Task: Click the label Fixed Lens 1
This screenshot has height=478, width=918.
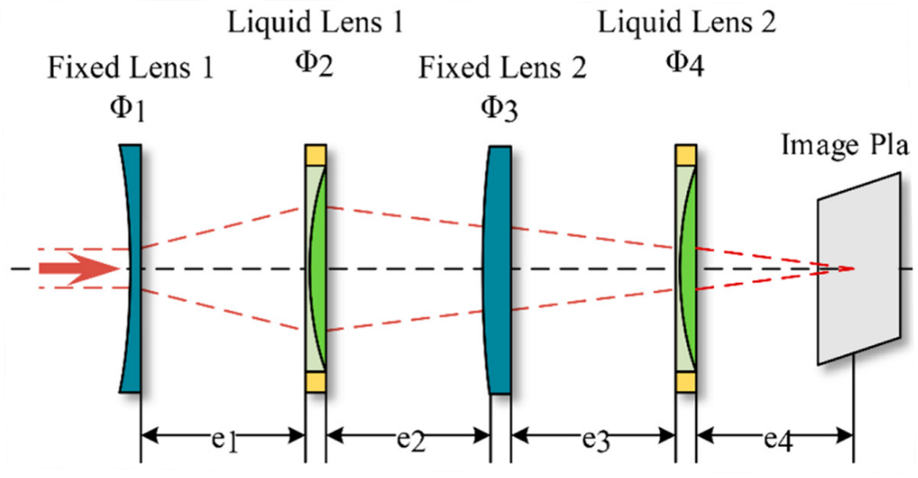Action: pyautogui.click(x=131, y=69)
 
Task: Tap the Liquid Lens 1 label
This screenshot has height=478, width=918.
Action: pyautogui.click(x=314, y=22)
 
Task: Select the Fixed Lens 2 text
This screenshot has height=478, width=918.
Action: pyautogui.click(x=502, y=69)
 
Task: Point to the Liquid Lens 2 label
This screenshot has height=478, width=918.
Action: pyautogui.click(x=687, y=22)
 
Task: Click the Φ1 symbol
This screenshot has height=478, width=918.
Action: pyautogui.click(x=127, y=108)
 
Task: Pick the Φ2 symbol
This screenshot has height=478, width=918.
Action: pyautogui.click(x=313, y=62)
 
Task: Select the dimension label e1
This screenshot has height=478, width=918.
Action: pyautogui.click(x=224, y=441)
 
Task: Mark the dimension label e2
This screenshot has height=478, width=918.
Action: pyautogui.click(x=410, y=441)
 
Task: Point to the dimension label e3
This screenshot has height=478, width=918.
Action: pyautogui.click(x=596, y=441)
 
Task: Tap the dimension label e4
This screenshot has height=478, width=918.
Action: pyautogui.click(x=779, y=441)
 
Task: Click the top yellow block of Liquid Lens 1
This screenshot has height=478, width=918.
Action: pyautogui.click(x=315, y=154)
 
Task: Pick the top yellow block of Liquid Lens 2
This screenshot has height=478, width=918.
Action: pyautogui.click(x=686, y=154)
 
